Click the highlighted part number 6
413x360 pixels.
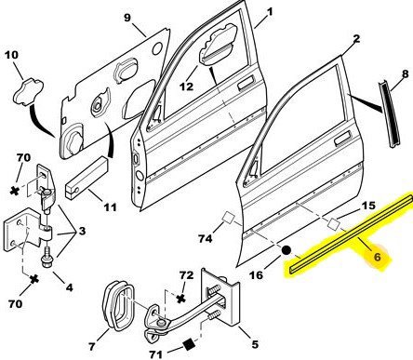377,257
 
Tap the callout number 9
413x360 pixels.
127,18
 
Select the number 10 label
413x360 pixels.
11,55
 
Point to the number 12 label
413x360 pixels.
186,87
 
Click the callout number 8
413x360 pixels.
406,74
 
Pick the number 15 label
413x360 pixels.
368,206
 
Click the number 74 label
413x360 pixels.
206,238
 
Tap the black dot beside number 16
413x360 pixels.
286,250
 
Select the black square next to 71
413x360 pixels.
188,345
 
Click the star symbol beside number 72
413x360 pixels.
180,299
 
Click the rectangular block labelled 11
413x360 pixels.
86,178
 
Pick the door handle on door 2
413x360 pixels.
342,138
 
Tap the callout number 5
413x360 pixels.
255,344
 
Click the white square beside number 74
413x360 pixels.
229,217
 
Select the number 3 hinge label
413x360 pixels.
82,231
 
